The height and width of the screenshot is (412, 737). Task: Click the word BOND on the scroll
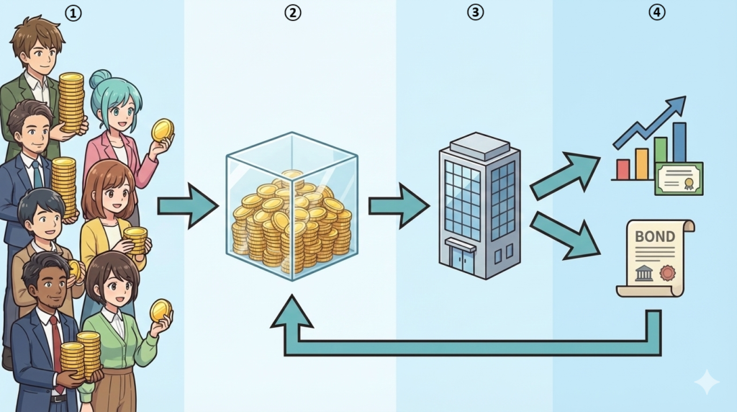(x=655, y=237)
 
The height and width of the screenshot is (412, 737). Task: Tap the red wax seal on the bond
(x=669, y=273)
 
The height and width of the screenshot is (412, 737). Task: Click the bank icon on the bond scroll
(x=643, y=273)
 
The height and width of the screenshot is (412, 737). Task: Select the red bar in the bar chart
(x=623, y=169)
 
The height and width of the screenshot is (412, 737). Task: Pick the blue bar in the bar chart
(x=679, y=143)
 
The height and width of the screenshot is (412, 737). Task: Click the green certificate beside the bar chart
(x=679, y=178)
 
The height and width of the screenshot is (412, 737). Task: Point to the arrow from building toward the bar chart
(x=566, y=175)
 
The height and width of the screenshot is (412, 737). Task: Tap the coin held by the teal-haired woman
(x=163, y=130)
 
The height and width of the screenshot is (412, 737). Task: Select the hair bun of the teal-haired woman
(x=100, y=78)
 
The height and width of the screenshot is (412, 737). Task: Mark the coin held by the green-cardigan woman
(x=160, y=310)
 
